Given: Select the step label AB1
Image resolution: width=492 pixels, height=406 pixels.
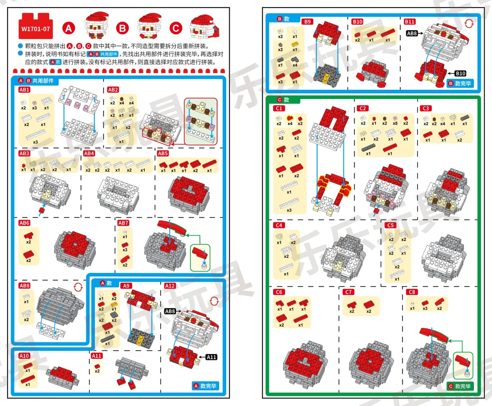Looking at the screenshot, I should point(24,90).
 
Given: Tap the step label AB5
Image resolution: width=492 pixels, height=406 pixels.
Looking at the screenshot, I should point(163,153).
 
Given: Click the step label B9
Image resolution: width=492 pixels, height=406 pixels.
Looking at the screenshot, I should point(307,21).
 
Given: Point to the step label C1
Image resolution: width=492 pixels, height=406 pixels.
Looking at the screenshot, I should point(279,108).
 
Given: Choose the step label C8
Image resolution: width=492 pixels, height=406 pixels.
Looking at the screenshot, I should point(412,292).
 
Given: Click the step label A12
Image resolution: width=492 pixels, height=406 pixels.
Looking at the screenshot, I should point(170,286).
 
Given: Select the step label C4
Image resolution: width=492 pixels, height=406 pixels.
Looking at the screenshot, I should point(279,225).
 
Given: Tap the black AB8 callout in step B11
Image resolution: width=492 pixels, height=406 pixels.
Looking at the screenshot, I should point(412,33).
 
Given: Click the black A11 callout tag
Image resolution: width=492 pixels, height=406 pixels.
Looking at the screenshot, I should point(211,357).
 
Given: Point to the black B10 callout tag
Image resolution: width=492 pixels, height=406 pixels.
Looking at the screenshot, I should point(460,74).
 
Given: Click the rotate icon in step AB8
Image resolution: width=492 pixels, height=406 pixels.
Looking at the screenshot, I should point(78,287).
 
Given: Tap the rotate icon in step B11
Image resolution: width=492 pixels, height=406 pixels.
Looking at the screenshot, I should point(469,23).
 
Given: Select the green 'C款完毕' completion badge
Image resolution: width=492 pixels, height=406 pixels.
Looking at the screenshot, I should point(460,386).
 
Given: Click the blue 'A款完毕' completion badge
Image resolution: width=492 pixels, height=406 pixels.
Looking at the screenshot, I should point(205,386).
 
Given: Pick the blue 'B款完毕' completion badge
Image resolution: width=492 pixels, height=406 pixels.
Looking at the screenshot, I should point(460,83).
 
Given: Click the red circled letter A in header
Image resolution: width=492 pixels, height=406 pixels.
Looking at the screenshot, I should point(68,28).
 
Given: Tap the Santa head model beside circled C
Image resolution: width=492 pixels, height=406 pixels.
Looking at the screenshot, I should point(204,27).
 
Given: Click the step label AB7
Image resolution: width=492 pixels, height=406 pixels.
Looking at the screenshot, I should point(123,223).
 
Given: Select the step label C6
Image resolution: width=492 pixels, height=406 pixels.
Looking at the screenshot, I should point(279,292).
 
